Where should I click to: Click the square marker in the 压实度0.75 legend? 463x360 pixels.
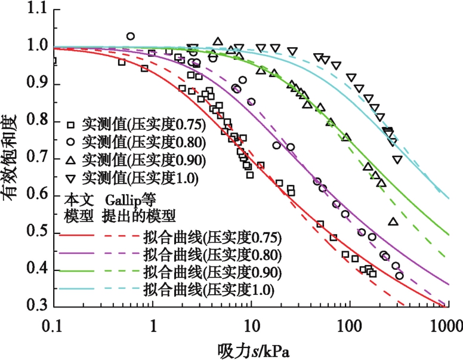point(70,125)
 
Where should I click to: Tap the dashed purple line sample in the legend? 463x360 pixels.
point(120,255)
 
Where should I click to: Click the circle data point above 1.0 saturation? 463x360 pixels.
point(131,36)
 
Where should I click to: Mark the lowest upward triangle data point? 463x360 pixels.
point(393,221)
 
